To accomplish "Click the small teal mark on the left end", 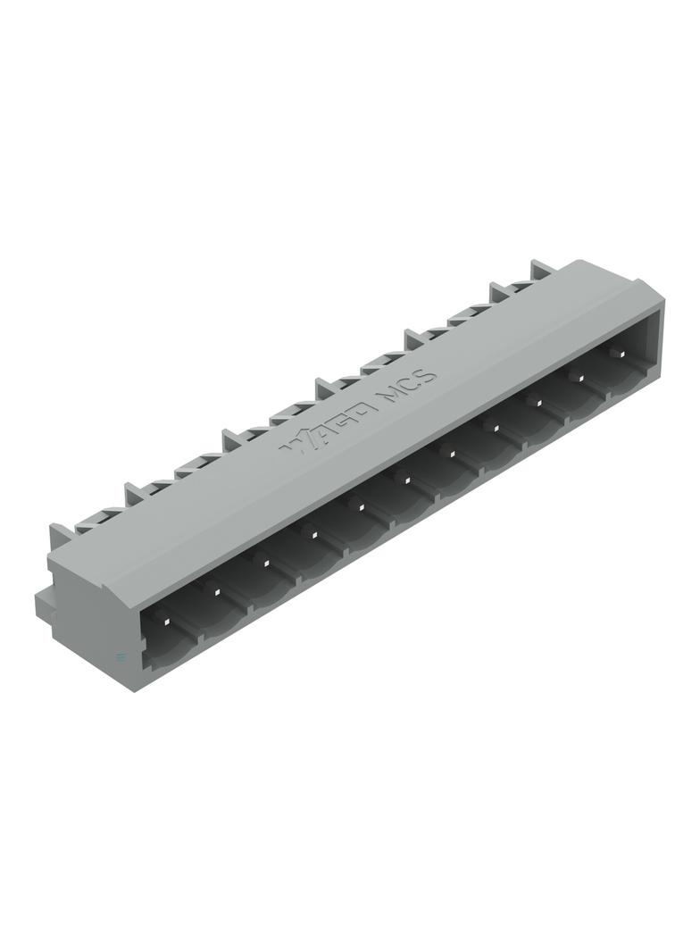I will (x=121, y=658).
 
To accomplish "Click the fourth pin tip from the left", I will (x=313, y=534).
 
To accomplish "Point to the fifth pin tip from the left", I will (x=361, y=507).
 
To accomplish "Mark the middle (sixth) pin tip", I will (x=406, y=480).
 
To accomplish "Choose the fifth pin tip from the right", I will (x=451, y=454).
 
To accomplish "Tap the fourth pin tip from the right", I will (x=494, y=428).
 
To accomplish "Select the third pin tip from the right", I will (x=537, y=403).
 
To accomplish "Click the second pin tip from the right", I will (x=578, y=379).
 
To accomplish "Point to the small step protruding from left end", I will (x=41, y=600).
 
